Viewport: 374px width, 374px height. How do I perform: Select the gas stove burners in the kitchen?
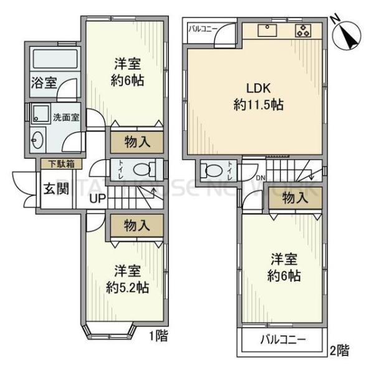coord(304,29)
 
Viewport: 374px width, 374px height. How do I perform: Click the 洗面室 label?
coord(65,117)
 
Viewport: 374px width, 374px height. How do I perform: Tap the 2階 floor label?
coord(339,350)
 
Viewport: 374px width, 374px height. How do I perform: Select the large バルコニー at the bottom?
coord(282,341)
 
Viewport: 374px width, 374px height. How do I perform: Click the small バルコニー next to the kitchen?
coord(202,29)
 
